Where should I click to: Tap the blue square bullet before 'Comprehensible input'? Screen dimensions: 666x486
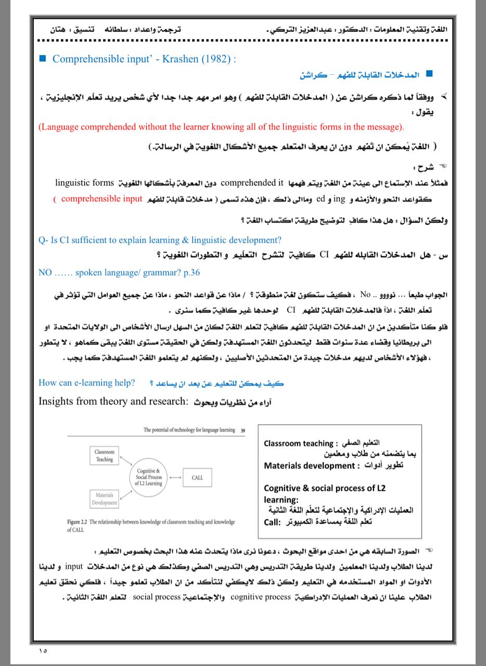(x=43, y=58)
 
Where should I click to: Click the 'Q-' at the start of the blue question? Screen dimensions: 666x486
(x=44, y=240)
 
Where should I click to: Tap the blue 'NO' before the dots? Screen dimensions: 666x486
(x=45, y=272)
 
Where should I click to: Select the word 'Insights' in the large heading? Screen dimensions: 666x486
(x=59, y=401)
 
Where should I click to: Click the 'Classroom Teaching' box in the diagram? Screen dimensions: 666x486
(x=104, y=456)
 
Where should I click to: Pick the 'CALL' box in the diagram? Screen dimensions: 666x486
(x=197, y=477)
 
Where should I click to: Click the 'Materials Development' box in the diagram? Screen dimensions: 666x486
(x=104, y=499)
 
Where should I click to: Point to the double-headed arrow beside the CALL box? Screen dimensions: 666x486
(x=175, y=477)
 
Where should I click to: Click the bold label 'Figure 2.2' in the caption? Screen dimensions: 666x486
(x=78, y=521)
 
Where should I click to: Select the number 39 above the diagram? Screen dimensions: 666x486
(x=243, y=430)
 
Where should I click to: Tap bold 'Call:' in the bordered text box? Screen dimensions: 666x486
(x=273, y=521)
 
